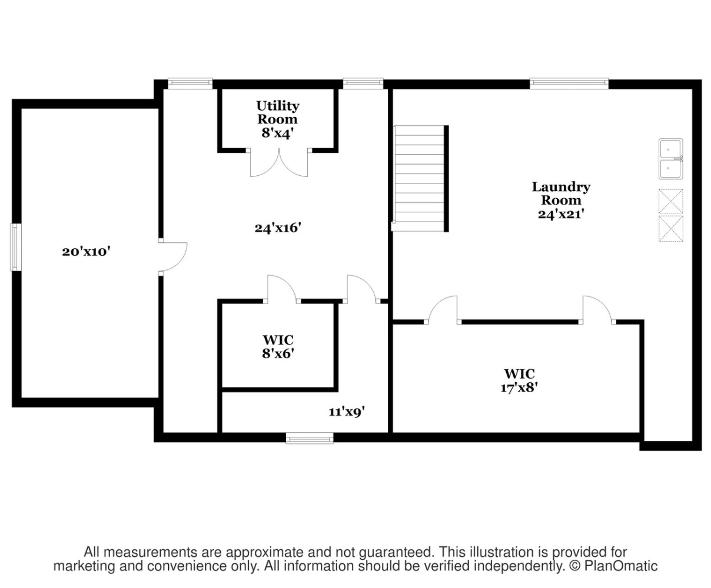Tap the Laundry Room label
(x=561, y=193)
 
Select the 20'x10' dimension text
(x=87, y=252)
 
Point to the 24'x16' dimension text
(x=278, y=228)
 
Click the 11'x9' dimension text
(x=347, y=412)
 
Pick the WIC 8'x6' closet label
(x=278, y=347)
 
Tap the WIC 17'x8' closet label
(x=519, y=381)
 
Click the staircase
(x=420, y=179)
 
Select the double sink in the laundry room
(x=670, y=159)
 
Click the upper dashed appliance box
(x=671, y=201)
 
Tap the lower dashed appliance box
(x=671, y=229)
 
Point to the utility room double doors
(x=279, y=163)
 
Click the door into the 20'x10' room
(x=173, y=257)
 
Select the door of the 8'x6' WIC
(x=282, y=289)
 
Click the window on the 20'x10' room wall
(x=15, y=248)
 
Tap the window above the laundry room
(x=569, y=83)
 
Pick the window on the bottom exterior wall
(x=310, y=439)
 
